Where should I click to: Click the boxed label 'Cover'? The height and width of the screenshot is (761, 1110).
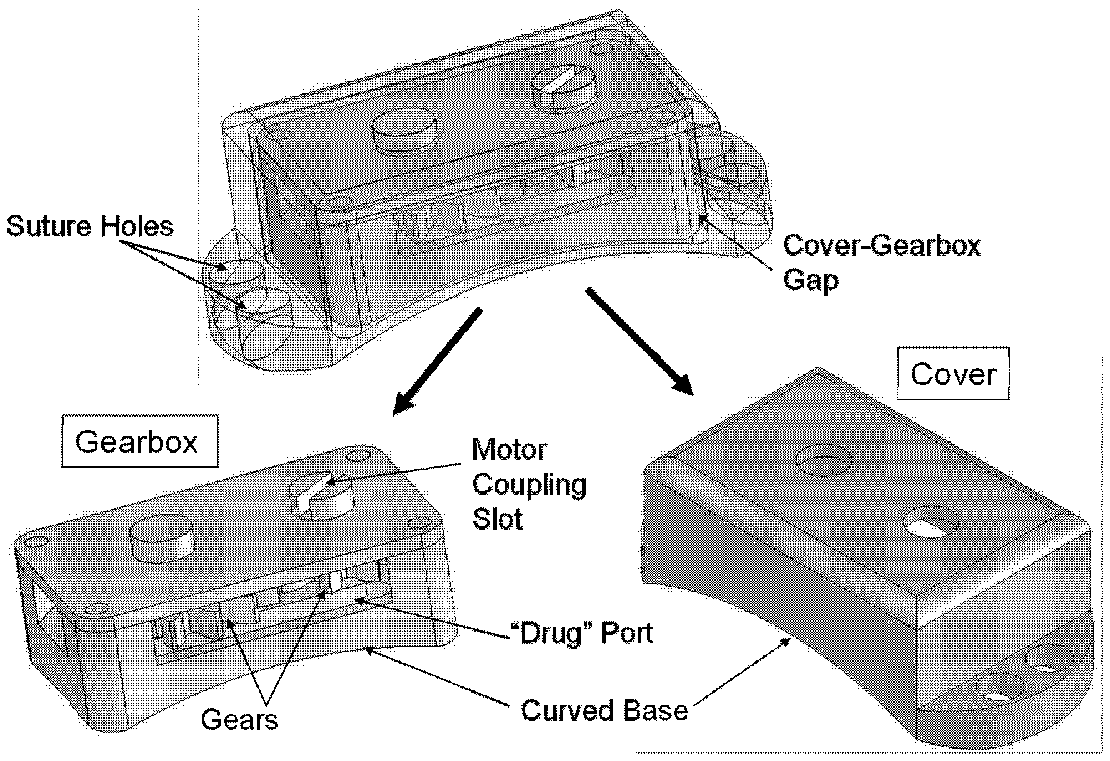953,374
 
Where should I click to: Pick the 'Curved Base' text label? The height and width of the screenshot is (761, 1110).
604,710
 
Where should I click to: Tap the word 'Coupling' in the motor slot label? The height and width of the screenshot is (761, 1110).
529,484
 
